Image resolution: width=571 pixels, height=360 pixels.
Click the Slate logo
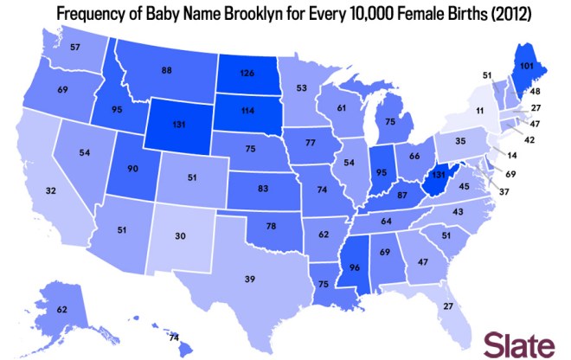[519, 343]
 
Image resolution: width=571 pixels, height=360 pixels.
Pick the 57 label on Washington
[75, 46]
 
